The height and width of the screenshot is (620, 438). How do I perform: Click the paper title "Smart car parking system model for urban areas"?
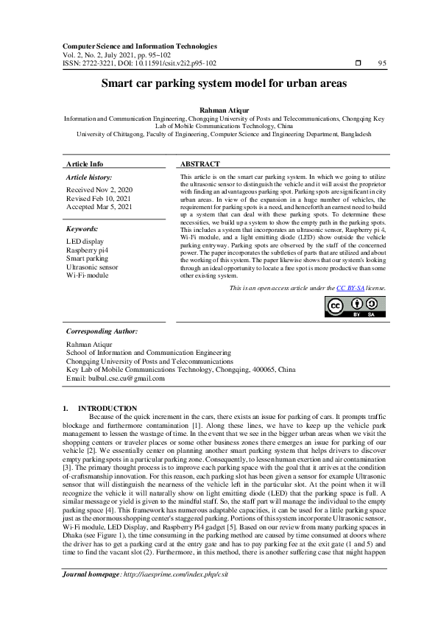[x=219, y=84]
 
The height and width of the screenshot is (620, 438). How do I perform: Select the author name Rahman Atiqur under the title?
[x=219, y=110]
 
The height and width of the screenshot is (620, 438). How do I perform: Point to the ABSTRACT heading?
[x=199, y=163]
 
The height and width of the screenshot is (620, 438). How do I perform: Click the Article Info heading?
[x=85, y=163]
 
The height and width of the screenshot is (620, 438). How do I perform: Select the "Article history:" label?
[x=89, y=178]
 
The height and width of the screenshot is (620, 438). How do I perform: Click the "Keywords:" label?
[x=83, y=229]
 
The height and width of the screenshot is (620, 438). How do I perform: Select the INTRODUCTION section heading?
[x=107, y=408]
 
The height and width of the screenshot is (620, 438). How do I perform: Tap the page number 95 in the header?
[x=382, y=63]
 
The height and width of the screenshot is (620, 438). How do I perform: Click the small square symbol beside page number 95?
[x=358, y=63]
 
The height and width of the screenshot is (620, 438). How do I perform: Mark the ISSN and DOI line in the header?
[x=140, y=63]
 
